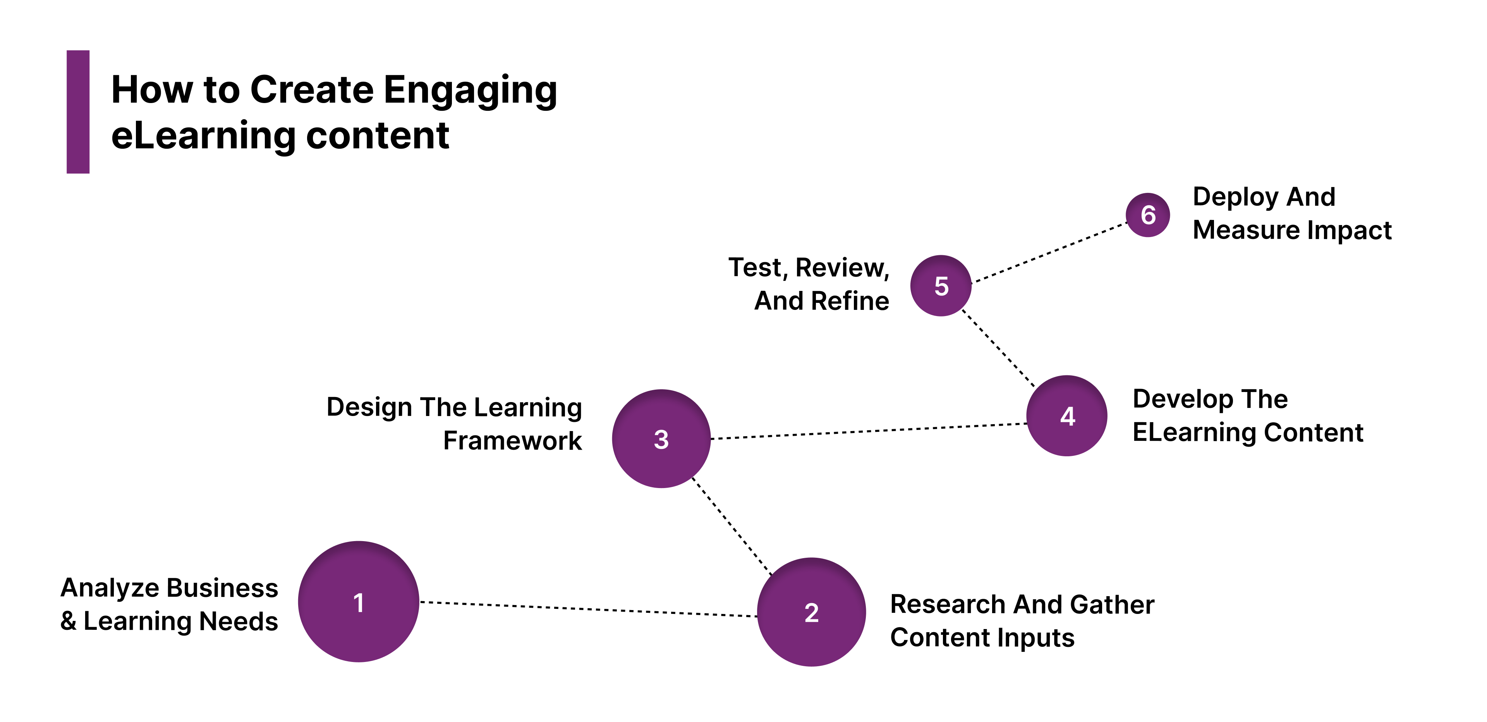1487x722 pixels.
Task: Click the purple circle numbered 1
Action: click(x=359, y=601)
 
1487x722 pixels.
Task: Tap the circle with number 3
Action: click(x=661, y=439)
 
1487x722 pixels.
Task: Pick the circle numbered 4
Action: click(x=1067, y=416)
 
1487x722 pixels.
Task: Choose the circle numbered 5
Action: click(x=941, y=285)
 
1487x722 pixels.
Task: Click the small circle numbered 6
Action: click(x=1147, y=215)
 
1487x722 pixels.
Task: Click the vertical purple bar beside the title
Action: click(x=78, y=112)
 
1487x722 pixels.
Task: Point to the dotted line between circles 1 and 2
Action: click(x=588, y=609)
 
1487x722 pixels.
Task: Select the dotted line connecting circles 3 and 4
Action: click(x=869, y=431)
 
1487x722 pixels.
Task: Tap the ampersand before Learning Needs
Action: click(x=68, y=621)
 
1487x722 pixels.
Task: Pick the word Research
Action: click(x=948, y=604)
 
